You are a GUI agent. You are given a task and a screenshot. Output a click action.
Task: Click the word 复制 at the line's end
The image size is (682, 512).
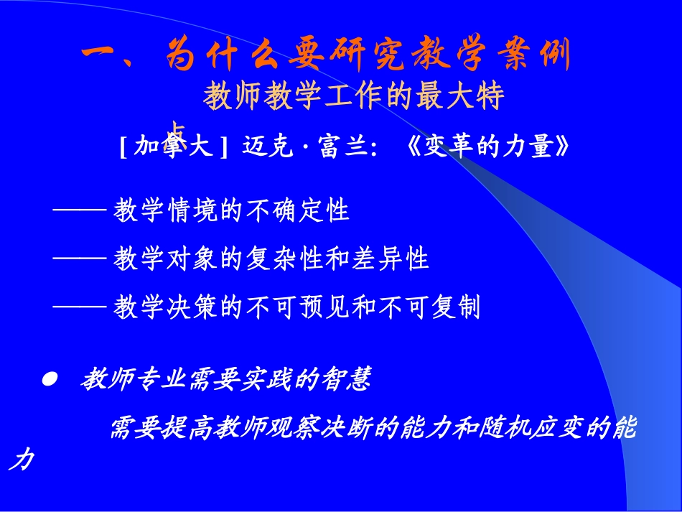[x=464, y=308]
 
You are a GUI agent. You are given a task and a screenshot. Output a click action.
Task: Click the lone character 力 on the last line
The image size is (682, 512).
[x=21, y=462]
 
